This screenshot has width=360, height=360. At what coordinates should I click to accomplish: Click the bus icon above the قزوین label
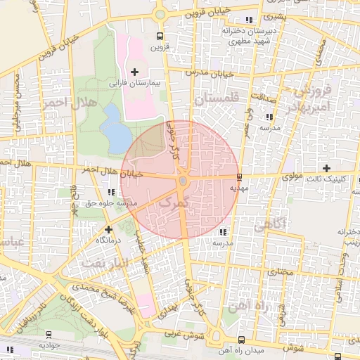(160, 37)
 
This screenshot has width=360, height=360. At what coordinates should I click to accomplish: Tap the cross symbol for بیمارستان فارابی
(134, 72)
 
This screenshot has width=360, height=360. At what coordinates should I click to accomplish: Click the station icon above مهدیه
(240, 176)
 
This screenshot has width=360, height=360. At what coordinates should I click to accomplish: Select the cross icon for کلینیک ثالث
(326, 167)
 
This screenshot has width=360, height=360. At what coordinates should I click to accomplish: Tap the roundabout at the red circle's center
(183, 181)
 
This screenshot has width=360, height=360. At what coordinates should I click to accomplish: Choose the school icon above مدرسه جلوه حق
(110, 192)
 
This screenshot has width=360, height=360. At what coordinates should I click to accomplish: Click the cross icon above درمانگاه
(108, 229)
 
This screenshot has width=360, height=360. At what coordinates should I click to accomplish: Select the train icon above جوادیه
(49, 335)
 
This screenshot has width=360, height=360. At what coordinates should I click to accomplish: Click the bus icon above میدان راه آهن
(242, 340)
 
